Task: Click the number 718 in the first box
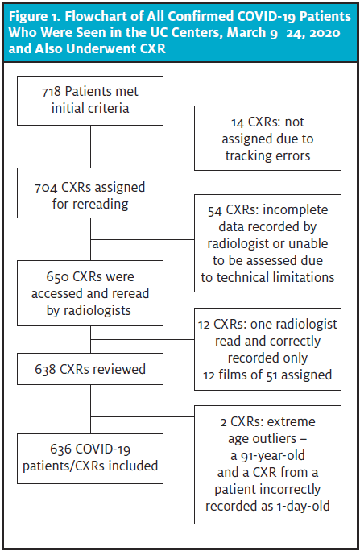tap(51, 92)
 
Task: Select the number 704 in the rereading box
tap(46, 188)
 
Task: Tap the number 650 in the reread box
tap(57, 277)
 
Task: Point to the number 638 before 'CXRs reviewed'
tap(45, 369)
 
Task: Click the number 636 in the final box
tap(61, 449)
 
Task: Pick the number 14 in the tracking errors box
tap(238, 122)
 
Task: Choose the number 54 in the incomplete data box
tap(214, 210)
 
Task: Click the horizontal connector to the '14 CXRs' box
tap(143, 147)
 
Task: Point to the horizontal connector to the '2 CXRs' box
tap(143, 416)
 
